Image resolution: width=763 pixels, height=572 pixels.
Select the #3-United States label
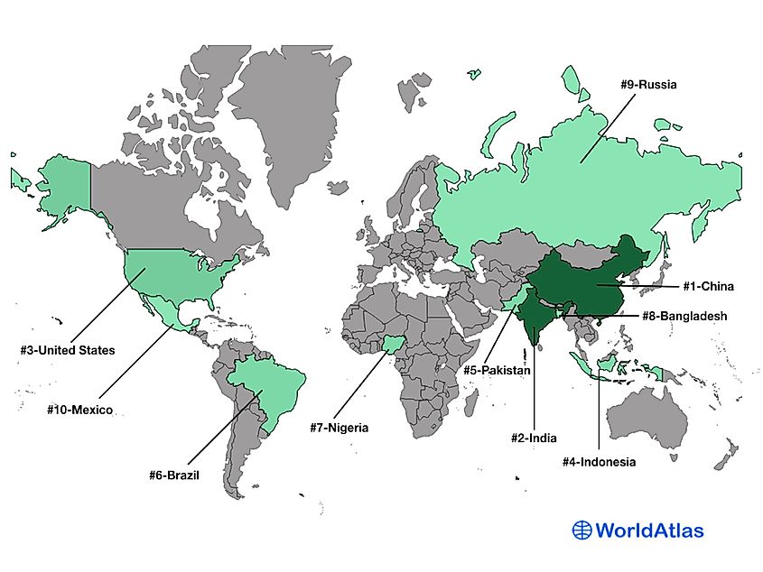(68, 350)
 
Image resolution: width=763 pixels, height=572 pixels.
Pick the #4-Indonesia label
(599, 462)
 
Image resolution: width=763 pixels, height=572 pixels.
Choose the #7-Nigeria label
(335, 428)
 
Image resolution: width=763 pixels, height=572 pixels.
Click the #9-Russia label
(648, 85)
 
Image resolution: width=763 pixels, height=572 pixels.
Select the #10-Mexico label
(79, 410)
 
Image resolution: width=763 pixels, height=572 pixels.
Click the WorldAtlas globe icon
(582, 530)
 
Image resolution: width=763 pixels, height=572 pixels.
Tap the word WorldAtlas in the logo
(649, 530)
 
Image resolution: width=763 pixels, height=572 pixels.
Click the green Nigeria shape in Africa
(394, 346)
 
